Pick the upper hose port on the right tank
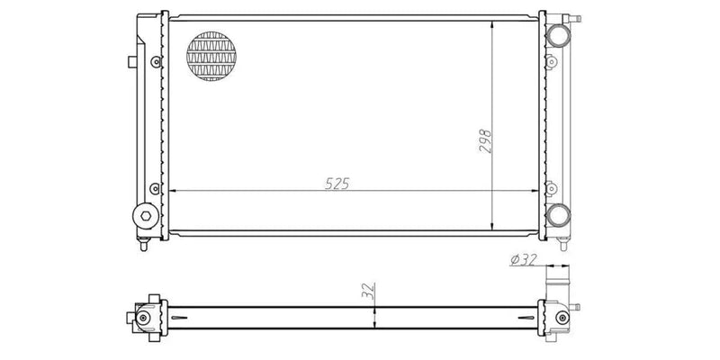coord(557,35)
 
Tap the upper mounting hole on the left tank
coord(157,61)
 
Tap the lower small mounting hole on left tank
coord(157,189)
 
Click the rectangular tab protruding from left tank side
coord(131,61)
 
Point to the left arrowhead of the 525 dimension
coord(174,191)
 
